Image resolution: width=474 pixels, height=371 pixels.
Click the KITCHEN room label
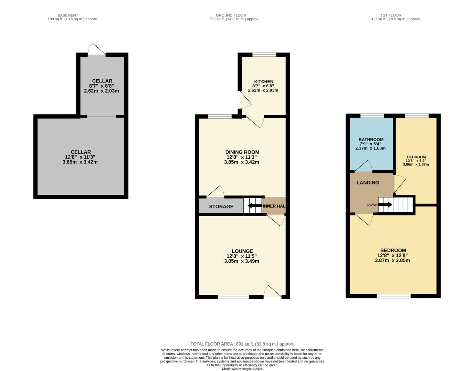point(263,81)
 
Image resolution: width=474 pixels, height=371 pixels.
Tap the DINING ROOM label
point(242,152)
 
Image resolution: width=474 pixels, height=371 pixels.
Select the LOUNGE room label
point(242,251)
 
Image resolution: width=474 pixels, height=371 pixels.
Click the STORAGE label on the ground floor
point(221,206)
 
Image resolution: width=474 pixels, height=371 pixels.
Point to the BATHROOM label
point(371,140)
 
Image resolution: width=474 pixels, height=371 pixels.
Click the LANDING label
point(368,182)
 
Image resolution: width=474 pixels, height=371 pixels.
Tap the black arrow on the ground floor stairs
point(254,206)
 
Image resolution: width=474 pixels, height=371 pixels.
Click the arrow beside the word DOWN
point(385,205)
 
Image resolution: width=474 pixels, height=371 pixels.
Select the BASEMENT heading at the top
point(67,15)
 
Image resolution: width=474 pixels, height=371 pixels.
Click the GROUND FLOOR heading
point(231,15)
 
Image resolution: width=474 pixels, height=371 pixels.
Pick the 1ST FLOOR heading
point(391,15)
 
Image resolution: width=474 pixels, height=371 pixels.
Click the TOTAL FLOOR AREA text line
point(242,344)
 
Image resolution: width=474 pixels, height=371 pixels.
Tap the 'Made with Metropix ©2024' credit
point(242,369)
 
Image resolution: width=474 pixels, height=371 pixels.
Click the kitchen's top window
point(264,54)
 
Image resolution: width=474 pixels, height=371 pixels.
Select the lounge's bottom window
point(233,297)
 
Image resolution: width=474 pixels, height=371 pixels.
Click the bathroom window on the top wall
point(372,116)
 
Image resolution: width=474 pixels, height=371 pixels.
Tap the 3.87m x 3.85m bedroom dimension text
point(392,260)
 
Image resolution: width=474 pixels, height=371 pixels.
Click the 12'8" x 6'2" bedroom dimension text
point(415,160)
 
